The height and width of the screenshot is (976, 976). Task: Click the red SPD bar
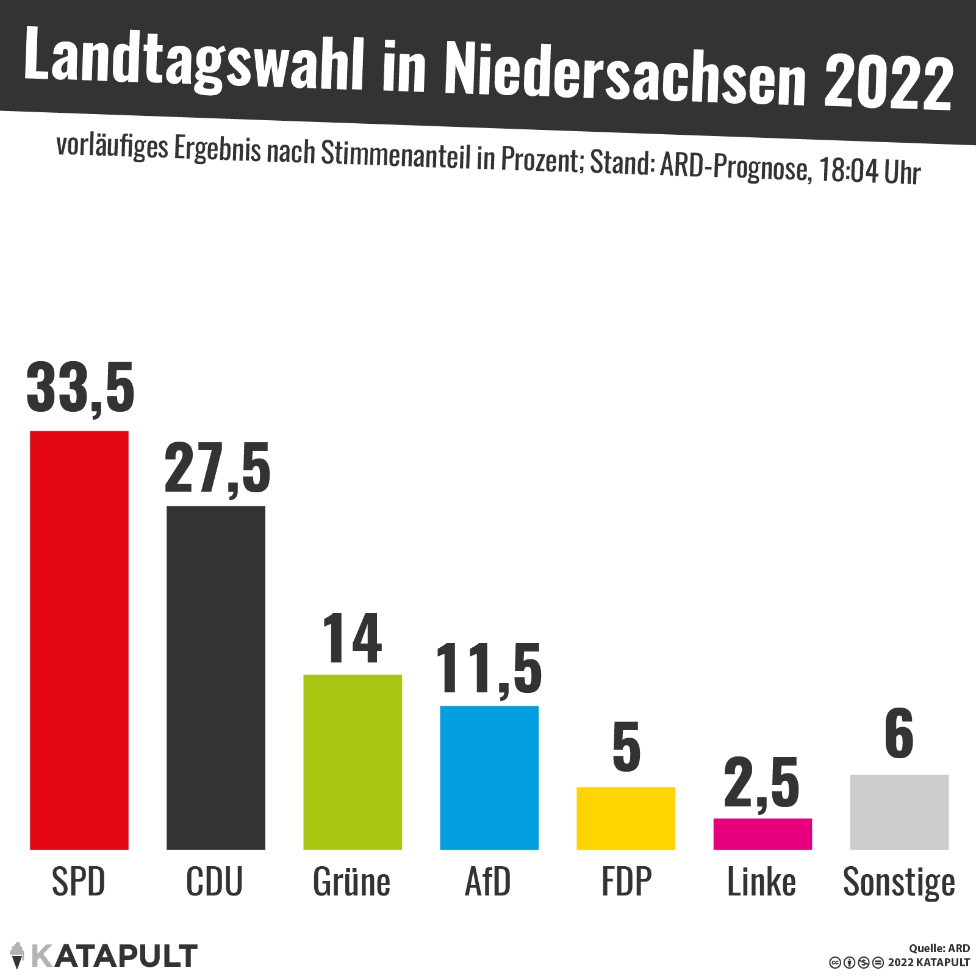click(79, 640)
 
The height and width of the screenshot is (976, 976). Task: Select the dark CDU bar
click(216, 677)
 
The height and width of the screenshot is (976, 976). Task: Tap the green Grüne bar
click(353, 762)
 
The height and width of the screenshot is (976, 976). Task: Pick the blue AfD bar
click(489, 778)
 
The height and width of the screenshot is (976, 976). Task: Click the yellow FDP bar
click(626, 818)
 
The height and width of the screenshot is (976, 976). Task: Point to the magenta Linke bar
click(762, 834)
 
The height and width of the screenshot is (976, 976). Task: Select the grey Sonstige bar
click(899, 812)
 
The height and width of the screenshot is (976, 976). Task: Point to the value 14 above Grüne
click(353, 639)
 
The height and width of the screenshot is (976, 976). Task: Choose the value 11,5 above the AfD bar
click(489, 670)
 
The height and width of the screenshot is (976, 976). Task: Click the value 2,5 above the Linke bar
click(762, 784)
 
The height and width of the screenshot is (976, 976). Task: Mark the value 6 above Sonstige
click(899, 734)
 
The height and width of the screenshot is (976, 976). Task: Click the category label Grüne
click(351, 882)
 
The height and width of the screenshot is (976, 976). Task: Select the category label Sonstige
click(899, 883)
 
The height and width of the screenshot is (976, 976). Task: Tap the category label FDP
click(626, 882)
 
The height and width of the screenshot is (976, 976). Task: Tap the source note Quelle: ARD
click(939, 949)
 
